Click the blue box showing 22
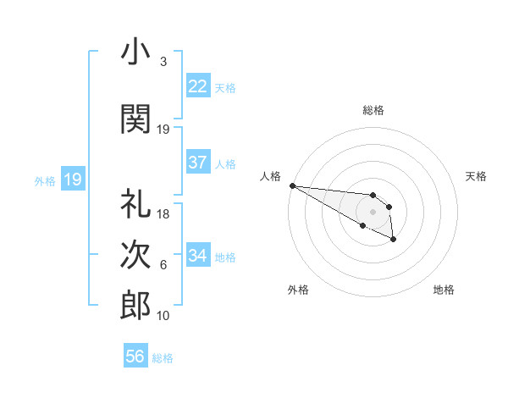[198, 86]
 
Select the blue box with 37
[198, 163]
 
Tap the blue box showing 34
[198, 256]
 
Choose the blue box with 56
[135, 357]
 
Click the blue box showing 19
[72, 180]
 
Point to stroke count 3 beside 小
[163, 62]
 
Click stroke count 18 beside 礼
[163, 214]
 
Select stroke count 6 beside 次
[163, 265]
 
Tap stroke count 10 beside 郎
[163, 316]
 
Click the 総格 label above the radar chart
[373, 110]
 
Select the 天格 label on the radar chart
[477, 176]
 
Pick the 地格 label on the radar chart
[444, 290]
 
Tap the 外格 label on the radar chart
[298, 290]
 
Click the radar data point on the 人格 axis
[292, 185]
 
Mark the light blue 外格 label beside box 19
[45, 180]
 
